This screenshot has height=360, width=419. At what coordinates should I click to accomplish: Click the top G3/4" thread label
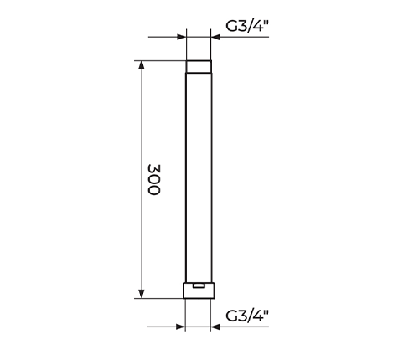(247, 26)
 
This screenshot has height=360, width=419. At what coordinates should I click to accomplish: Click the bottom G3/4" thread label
(247, 316)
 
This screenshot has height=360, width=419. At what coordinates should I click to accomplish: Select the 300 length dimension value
(154, 180)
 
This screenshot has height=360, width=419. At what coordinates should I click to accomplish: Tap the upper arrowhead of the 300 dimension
(142, 64)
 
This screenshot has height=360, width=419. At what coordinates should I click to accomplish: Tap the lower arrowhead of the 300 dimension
(142, 294)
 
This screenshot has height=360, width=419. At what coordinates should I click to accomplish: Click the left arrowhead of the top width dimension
(182, 37)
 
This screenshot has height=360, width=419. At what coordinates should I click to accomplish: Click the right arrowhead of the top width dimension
(215, 37)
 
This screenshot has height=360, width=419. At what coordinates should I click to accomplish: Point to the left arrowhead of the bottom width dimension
(181, 327)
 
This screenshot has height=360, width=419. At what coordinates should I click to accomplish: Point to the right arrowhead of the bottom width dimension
(215, 327)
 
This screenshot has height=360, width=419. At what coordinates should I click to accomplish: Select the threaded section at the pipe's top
(199, 67)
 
